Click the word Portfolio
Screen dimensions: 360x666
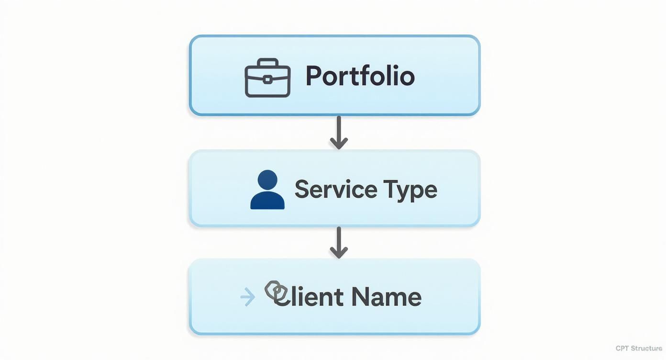(x=360, y=76)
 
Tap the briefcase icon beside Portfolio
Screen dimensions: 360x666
(x=267, y=78)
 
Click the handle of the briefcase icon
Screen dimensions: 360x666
(x=267, y=63)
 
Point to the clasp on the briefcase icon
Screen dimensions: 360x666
(x=267, y=79)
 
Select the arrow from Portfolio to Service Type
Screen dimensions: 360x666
(x=339, y=133)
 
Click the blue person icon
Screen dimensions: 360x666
(x=267, y=190)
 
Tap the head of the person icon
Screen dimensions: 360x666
(x=267, y=180)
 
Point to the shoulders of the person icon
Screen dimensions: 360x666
(x=267, y=201)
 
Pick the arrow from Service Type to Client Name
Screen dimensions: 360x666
(x=339, y=243)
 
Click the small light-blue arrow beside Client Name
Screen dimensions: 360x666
(x=247, y=297)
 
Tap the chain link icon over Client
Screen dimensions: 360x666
(x=275, y=291)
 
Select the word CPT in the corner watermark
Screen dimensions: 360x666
(x=622, y=349)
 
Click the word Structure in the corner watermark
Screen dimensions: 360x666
(x=646, y=349)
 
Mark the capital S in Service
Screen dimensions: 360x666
(x=302, y=189)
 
